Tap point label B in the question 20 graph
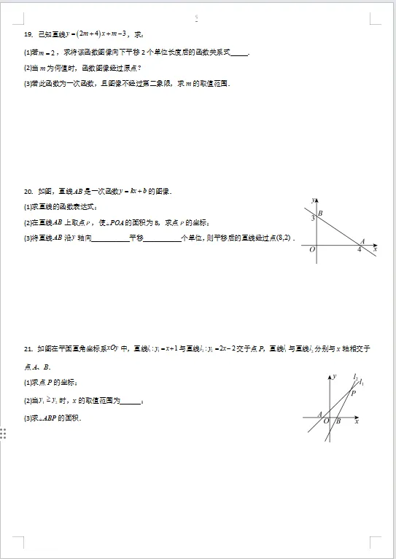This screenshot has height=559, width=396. click(321, 213)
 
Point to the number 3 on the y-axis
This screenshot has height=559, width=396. click(312, 218)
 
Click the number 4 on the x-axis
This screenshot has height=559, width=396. click(358, 250)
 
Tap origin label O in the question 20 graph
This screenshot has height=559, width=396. click(312, 250)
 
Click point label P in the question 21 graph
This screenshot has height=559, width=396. click(353, 393)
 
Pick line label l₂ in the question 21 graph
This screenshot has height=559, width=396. click(355, 377)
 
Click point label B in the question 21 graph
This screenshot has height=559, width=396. click(338, 421)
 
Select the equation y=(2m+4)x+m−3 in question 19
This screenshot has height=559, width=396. click(93, 34)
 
